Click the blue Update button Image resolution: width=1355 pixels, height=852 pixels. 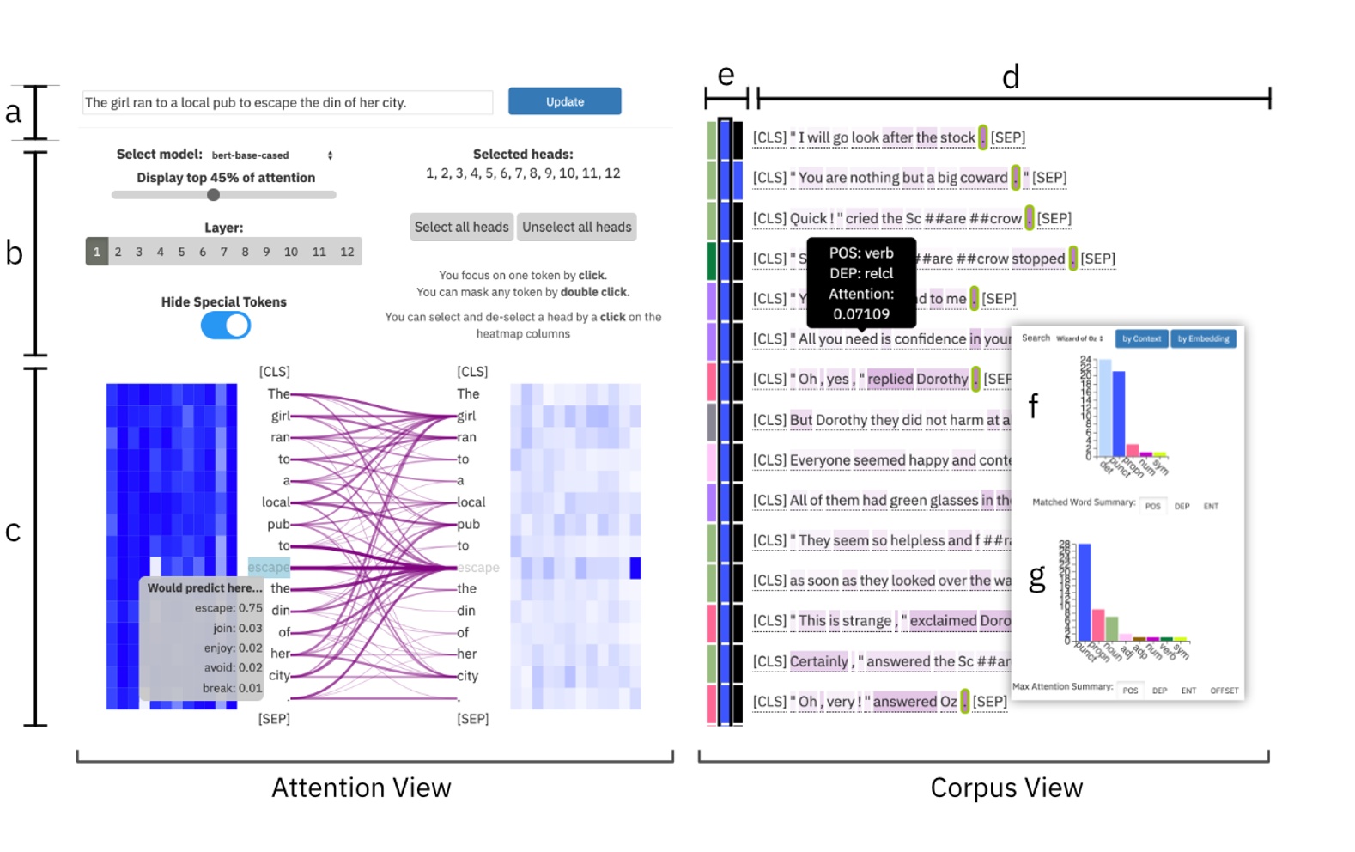pos(564,101)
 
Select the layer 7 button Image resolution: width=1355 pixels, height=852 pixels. pos(223,252)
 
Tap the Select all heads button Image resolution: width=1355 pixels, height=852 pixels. pos(461,227)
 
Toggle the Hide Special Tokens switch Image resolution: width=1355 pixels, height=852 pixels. pos(226,326)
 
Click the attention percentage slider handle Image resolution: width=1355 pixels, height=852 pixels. pos(213,195)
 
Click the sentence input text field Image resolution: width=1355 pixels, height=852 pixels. pos(287,102)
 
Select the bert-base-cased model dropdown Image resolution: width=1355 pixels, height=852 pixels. pos(271,155)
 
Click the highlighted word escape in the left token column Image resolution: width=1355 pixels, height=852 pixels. pos(269,567)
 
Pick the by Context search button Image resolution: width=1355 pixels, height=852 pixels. pos(1141,338)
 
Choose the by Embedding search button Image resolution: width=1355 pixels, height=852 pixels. pos(1203,338)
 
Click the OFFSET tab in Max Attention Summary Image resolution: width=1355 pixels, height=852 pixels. pos(1224,691)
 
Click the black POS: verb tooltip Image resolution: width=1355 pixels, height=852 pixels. pos(861,283)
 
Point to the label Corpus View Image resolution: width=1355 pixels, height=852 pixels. pos(1006,788)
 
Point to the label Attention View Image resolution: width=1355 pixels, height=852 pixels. pos(361,788)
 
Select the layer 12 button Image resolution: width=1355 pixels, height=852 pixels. pos(347,252)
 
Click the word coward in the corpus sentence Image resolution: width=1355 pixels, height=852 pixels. pos(983,178)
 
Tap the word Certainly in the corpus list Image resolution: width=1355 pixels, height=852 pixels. pos(818,661)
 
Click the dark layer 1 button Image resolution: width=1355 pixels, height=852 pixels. pos(97,252)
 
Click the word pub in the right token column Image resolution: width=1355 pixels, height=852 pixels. pos(468,524)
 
